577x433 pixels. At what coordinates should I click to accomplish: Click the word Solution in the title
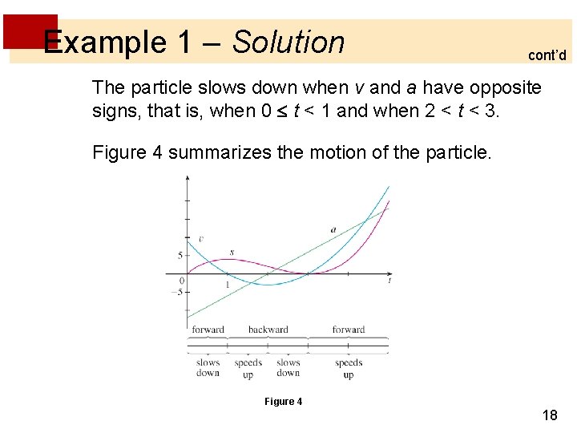point(288,42)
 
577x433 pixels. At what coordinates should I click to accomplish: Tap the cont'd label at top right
point(547,55)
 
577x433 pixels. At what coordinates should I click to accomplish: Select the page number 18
point(550,415)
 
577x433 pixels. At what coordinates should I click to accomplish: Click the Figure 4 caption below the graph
point(284,402)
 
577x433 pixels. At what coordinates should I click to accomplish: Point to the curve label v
point(200,239)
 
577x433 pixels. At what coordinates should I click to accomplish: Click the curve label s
point(232,253)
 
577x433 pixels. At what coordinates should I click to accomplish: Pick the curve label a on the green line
point(333,230)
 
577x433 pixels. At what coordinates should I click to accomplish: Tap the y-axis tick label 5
point(180,256)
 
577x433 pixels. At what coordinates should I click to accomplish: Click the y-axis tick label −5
point(178,292)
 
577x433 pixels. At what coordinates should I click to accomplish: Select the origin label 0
point(182,281)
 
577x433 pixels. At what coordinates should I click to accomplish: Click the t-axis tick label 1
point(227,285)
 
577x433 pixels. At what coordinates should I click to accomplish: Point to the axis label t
point(389,281)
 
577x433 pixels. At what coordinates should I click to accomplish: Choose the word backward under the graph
point(268,330)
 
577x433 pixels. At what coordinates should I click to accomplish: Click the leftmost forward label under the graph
point(208,330)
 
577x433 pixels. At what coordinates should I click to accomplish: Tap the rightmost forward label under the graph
point(349,330)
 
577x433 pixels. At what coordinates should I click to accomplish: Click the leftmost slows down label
point(208,368)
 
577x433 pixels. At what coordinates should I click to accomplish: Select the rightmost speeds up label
point(349,369)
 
